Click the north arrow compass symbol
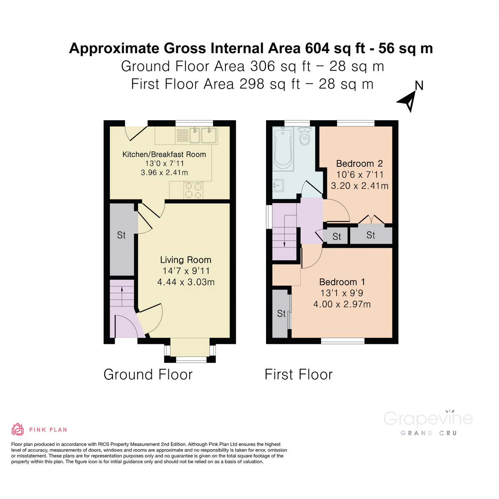408,101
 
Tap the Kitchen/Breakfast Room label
164,154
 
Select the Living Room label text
186,260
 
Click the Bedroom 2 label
359,163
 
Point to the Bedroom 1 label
342,282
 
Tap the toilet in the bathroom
305,136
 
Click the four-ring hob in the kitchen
193,190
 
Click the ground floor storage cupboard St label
121,235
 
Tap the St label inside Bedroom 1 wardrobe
282,314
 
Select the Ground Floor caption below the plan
148,375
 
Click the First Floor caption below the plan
299,375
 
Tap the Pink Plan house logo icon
17,429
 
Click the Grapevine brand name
428,418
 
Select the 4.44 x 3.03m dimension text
186,282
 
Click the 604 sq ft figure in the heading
335,48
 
